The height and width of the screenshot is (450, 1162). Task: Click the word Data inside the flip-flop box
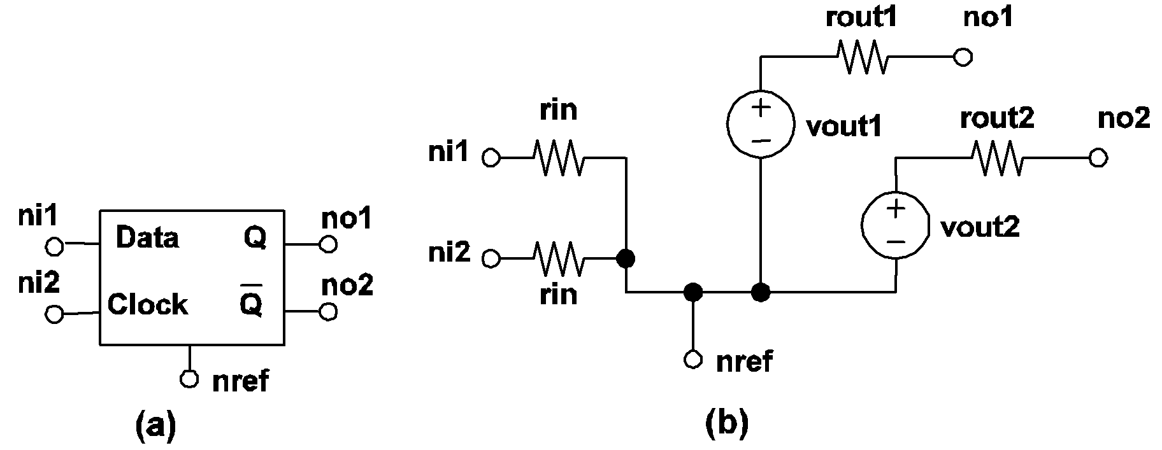[x=147, y=237]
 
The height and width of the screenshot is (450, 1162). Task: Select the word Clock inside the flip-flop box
[x=147, y=304]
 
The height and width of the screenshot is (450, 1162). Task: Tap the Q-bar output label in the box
[x=251, y=303]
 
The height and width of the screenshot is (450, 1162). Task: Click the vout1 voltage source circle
[x=761, y=123]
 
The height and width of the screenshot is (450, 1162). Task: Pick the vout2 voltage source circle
[x=895, y=225]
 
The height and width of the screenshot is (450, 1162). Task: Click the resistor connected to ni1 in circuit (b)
[x=558, y=157]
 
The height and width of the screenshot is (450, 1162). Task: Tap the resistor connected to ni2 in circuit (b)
[x=558, y=258]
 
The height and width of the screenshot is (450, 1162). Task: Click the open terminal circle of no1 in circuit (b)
[x=963, y=57]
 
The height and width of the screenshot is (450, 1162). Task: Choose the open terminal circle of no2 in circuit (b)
[x=1098, y=158]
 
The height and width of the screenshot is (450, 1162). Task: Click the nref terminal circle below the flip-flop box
[x=189, y=379]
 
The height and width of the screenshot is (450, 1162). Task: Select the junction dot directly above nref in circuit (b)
[x=693, y=292]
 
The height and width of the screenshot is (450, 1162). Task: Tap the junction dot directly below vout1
[x=761, y=292]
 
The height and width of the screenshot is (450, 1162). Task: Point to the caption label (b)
[x=726, y=423]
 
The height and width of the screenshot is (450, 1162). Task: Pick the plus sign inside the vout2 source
[x=895, y=208]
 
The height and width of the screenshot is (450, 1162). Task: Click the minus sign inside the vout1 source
[x=761, y=140]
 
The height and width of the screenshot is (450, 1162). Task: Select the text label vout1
[x=843, y=126]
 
